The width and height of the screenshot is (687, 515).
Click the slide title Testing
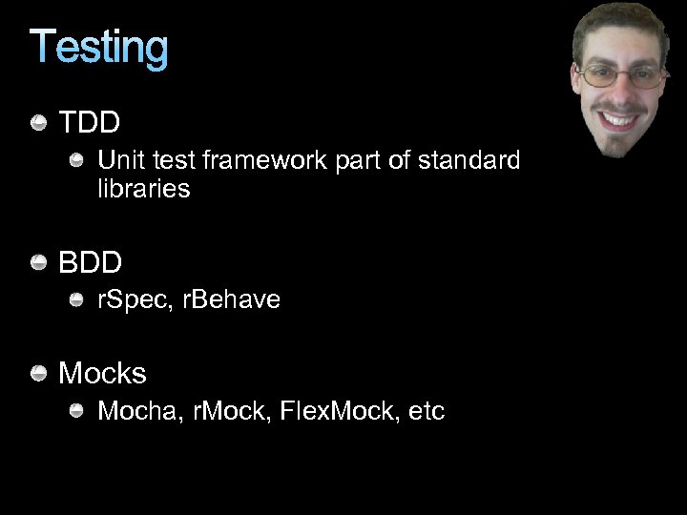pos(99,48)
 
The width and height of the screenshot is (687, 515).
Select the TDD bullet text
pos(90,123)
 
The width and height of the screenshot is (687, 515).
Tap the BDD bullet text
pos(91,261)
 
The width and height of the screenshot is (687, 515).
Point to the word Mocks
pos(103,373)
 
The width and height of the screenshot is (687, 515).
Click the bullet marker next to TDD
pos(39,123)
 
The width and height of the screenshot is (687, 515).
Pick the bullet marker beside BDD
pos(39,262)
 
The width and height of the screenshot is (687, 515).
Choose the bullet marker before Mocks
pos(39,373)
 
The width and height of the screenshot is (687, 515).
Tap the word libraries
pos(144,189)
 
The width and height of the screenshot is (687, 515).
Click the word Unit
pos(120,160)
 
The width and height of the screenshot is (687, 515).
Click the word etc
pos(426,412)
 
